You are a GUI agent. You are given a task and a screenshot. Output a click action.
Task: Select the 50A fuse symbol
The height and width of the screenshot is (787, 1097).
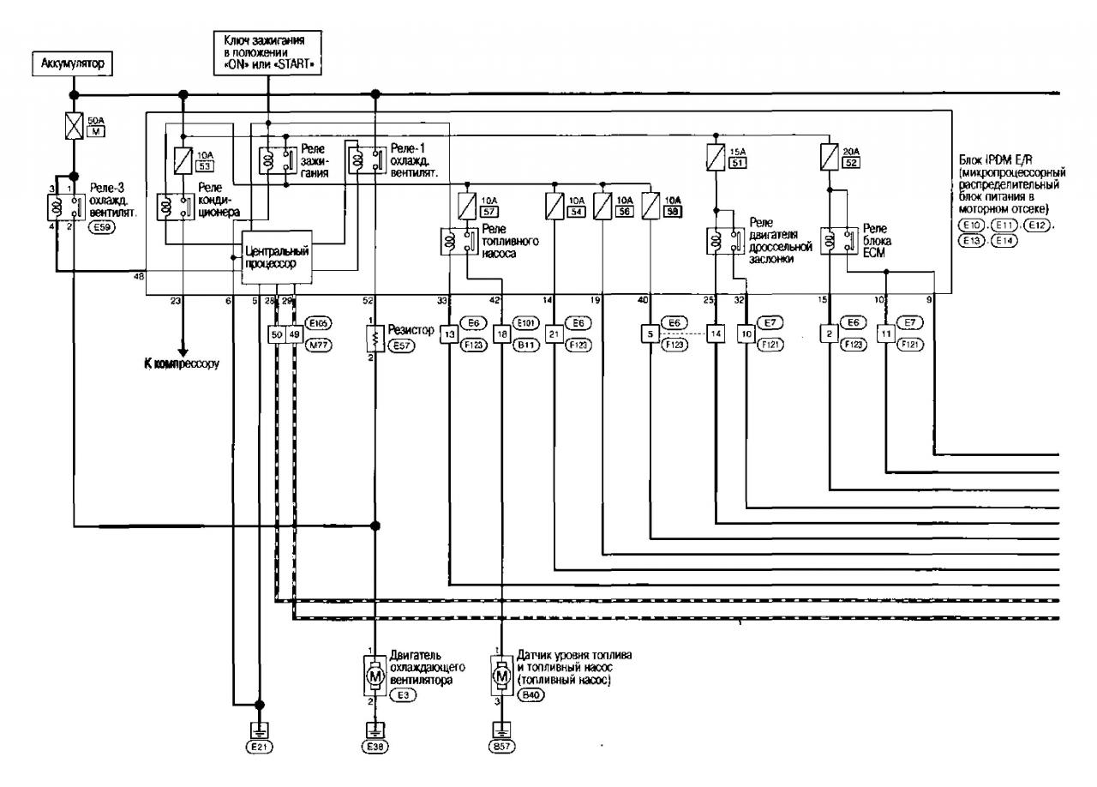[74, 131]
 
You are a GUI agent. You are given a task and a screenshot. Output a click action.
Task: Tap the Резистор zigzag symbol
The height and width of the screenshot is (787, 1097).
[375, 341]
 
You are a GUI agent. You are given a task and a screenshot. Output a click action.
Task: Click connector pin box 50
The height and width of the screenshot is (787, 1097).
[276, 333]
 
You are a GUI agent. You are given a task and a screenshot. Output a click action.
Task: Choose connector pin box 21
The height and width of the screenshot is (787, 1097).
[554, 333]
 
